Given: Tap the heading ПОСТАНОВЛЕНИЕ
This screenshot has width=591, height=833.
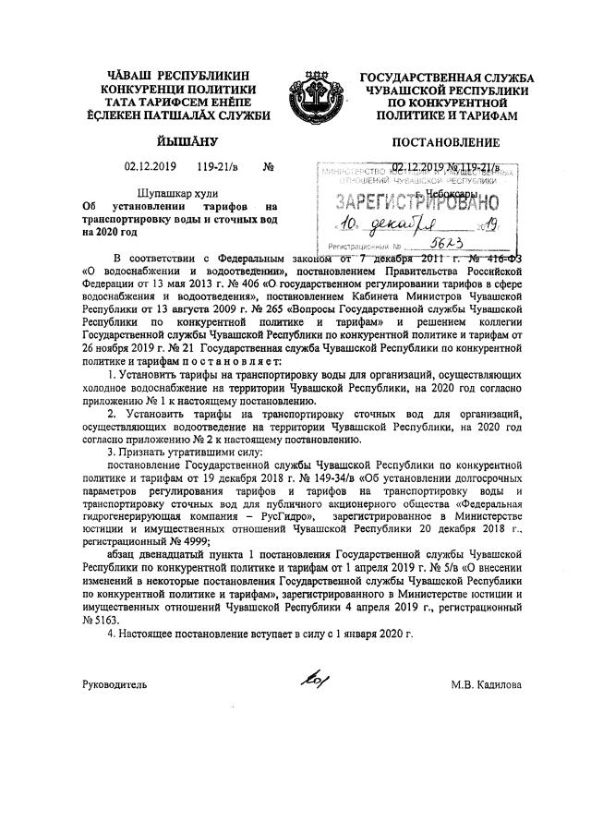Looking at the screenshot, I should tap(446, 142).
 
